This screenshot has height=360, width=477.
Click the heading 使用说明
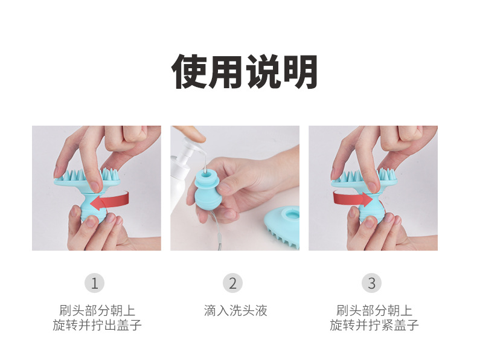(245, 72)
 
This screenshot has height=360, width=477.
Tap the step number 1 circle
(94, 283)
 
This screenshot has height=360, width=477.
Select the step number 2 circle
(232, 283)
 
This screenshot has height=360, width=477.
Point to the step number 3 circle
(371, 283)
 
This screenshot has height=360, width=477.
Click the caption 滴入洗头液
(235, 310)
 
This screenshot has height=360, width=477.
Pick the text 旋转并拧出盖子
(97, 325)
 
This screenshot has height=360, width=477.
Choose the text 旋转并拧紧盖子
(374, 325)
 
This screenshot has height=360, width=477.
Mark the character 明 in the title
(300, 72)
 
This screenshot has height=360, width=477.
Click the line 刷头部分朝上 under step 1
(97, 310)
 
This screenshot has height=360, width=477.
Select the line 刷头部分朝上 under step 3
(374, 310)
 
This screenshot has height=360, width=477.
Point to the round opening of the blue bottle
(206, 175)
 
